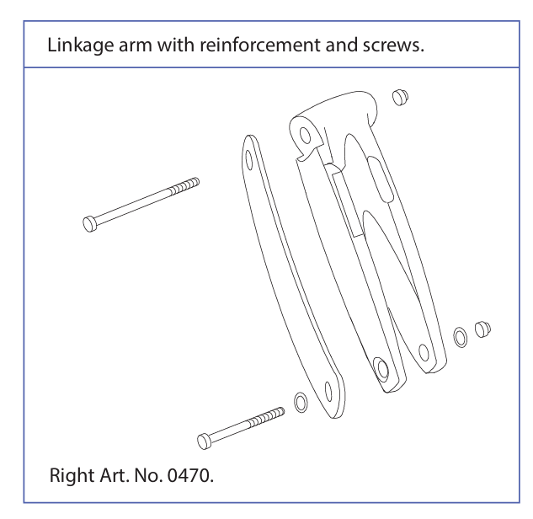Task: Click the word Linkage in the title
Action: pos(80,45)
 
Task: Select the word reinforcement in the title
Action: pos(259,45)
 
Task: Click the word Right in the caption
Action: pos(72,476)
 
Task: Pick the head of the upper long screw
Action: pos(89,224)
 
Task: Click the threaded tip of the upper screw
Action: pos(185,185)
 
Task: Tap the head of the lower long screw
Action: pos(204,441)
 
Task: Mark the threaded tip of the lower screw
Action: pos(267,417)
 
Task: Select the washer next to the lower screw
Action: pos(301,403)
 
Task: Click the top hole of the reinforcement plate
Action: pos(249,159)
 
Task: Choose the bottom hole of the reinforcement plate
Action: pos(328,392)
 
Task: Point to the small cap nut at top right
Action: pos(400,97)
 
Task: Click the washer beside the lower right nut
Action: pos(461,337)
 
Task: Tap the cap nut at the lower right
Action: pos(482,329)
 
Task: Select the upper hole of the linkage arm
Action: pos(306,136)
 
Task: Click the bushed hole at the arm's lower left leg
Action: pos(381,367)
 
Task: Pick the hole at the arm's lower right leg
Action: pos(424,352)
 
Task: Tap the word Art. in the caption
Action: pos(115,475)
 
